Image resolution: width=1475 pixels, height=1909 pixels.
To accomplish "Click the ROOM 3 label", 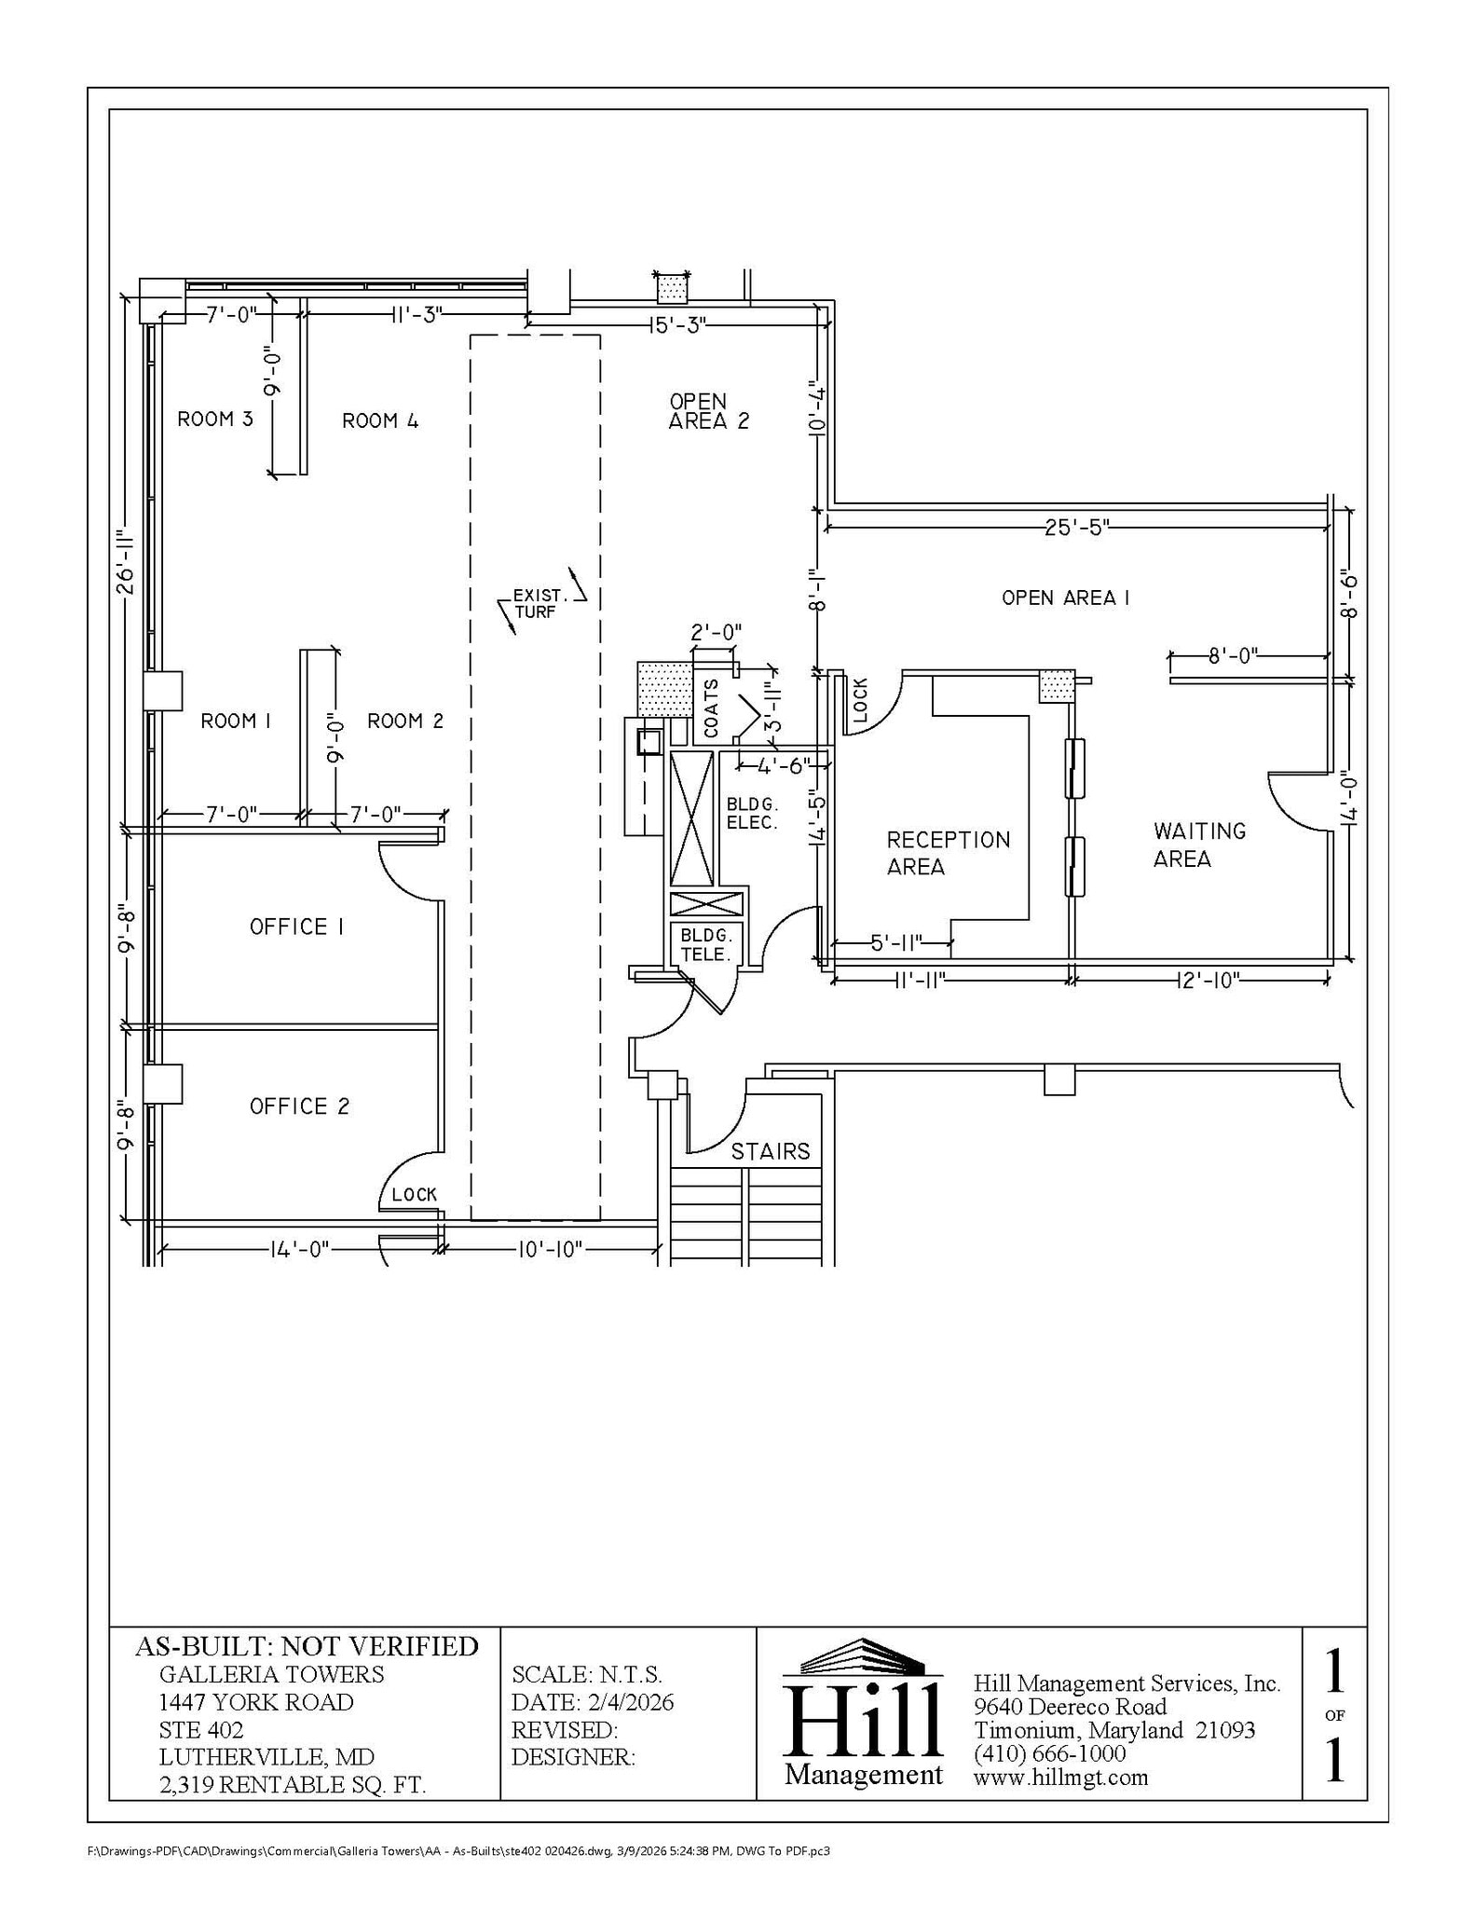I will point(215,419).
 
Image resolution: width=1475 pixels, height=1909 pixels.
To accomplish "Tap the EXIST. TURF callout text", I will point(538,603).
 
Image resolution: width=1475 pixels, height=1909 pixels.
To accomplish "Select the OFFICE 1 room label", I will point(296,927).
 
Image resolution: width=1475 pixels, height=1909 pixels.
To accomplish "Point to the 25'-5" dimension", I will point(1075,528).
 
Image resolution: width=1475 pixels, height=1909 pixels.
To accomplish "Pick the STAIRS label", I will point(770,1152).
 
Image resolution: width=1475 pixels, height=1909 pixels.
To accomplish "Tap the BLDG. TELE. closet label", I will point(706,944).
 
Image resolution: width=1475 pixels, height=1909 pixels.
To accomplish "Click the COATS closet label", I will point(712,708).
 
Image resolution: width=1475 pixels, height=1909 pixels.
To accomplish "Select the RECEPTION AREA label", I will point(948,853).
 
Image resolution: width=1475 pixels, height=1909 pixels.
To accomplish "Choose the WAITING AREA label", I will point(1199,845).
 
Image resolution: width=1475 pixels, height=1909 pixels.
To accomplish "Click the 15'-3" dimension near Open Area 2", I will point(677,324).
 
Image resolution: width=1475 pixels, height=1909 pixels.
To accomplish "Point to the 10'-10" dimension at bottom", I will point(550,1249).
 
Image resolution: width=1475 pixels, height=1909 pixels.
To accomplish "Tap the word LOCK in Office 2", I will point(414,1195).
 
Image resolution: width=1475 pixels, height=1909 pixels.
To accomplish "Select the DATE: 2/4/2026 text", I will point(593,1702).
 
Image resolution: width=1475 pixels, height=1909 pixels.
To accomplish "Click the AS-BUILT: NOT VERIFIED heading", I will point(307,1646).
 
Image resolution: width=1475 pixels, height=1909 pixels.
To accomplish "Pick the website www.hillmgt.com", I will point(1060,1777).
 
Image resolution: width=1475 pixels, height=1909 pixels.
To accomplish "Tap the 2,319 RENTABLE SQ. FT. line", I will point(293,1785).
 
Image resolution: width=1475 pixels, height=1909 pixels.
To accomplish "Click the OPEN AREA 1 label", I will point(1065,598).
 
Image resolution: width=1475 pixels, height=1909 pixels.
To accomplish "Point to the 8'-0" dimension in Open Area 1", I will point(1233,655).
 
